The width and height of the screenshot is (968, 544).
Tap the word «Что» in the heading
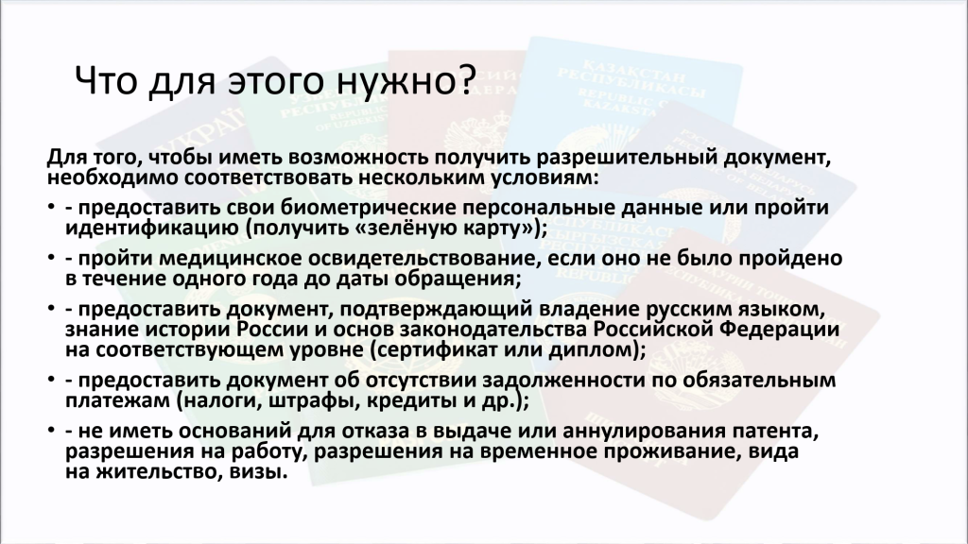(105, 80)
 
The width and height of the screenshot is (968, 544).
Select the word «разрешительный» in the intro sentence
(627, 159)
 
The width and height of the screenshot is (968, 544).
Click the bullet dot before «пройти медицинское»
(51, 257)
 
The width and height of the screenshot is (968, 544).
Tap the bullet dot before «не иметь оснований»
(51, 430)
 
